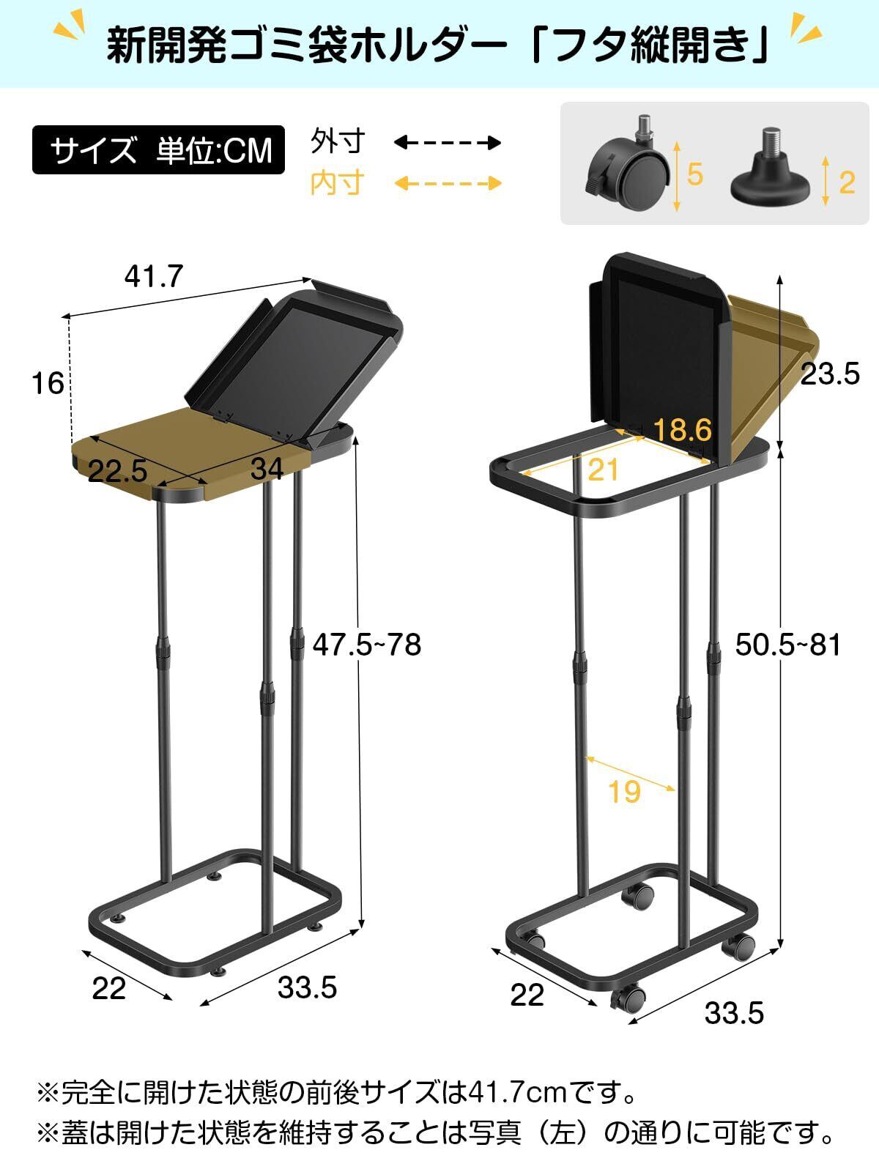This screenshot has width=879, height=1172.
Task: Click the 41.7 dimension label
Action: click(x=154, y=276)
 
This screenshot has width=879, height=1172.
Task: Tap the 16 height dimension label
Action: click(x=48, y=383)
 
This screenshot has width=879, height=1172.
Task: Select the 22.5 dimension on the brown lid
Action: click(x=117, y=471)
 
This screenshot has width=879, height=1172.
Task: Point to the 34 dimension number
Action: click(x=267, y=469)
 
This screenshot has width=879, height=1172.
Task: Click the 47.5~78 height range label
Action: click(x=367, y=645)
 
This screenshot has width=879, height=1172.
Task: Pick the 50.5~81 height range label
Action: click(x=787, y=645)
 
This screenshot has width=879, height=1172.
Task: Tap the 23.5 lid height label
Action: click(x=830, y=374)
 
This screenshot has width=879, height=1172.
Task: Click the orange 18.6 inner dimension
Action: click(x=682, y=430)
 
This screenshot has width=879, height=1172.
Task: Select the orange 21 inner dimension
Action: click(x=603, y=470)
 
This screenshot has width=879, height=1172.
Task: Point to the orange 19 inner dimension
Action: click(x=624, y=791)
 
